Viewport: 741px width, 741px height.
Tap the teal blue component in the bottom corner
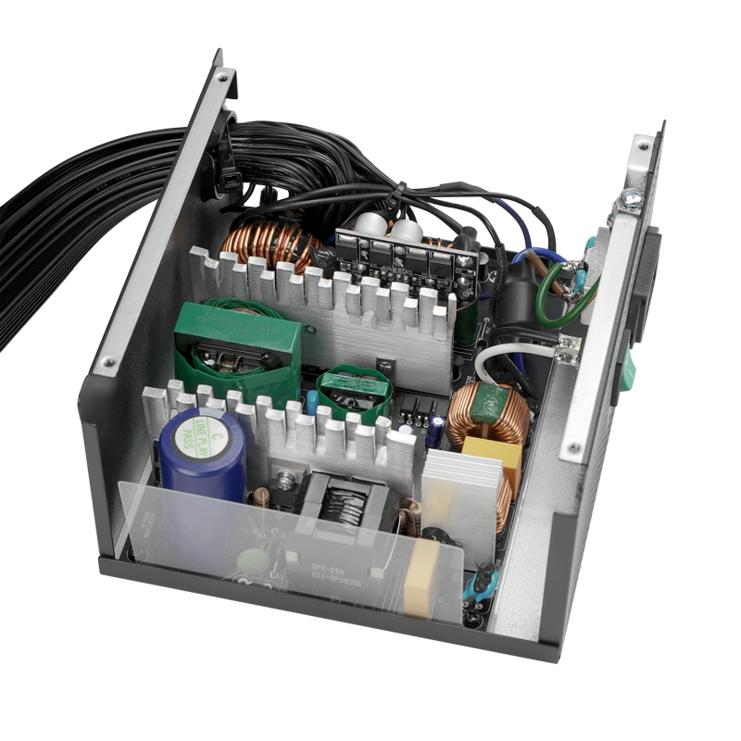pos(483,584)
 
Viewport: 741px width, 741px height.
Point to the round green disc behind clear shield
pos(252,561)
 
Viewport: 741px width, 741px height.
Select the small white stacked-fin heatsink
pos(461,500)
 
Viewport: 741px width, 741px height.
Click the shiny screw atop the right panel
pos(633,196)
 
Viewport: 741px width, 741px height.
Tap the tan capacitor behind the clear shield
pos(421,577)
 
